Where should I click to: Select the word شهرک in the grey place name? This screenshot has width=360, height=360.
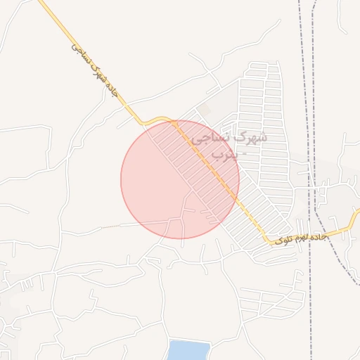tap(253, 136)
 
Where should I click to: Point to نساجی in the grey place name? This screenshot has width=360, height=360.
tap(210, 138)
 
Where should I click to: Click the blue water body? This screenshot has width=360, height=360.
tap(188, 350)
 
